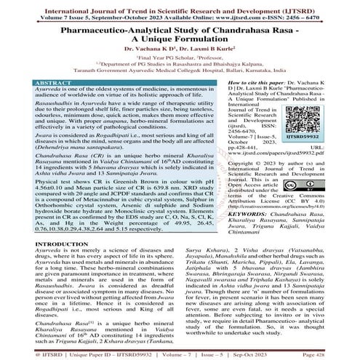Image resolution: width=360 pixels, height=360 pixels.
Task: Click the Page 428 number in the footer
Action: [334, 352]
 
